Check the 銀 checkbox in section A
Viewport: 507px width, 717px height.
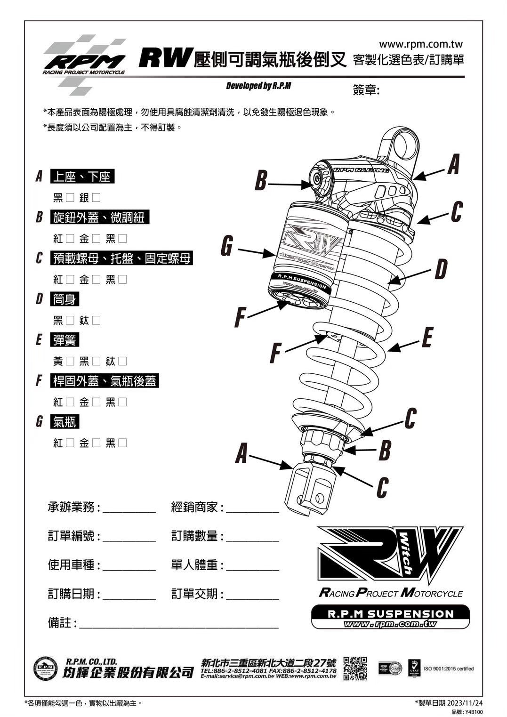(x=96, y=198)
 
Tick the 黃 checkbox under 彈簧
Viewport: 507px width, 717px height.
(x=70, y=362)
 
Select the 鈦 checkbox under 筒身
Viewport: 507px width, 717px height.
(x=96, y=321)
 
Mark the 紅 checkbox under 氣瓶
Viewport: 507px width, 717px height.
(x=70, y=443)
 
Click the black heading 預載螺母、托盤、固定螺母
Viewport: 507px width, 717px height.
(x=121, y=258)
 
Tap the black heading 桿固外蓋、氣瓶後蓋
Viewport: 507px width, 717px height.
(x=105, y=381)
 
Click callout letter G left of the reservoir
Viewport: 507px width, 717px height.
(x=227, y=246)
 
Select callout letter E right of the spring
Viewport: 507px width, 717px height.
(x=427, y=338)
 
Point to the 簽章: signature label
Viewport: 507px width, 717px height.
(x=366, y=90)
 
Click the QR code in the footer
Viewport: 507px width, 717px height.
(x=355, y=669)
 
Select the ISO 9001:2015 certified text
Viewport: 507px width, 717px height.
(x=449, y=669)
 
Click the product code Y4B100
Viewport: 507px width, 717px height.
(x=473, y=712)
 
